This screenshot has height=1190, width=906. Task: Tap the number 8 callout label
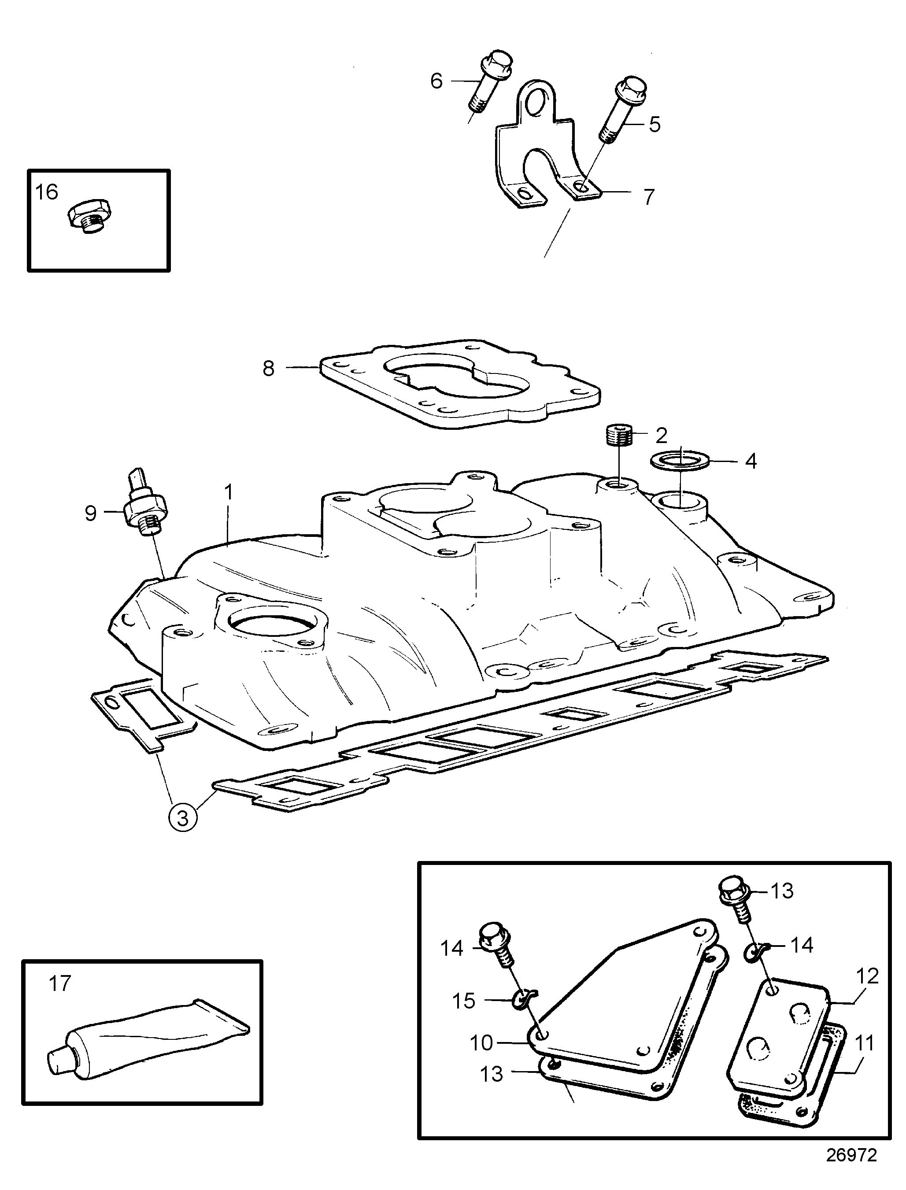(x=268, y=369)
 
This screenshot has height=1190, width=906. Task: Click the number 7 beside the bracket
(x=649, y=197)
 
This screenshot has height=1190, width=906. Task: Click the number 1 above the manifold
(x=229, y=492)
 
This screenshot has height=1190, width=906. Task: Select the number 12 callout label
(x=867, y=976)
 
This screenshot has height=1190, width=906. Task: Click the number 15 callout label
(x=463, y=1001)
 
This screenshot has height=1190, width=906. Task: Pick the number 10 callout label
(x=481, y=1043)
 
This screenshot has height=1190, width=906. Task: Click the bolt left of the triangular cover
(x=495, y=944)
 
